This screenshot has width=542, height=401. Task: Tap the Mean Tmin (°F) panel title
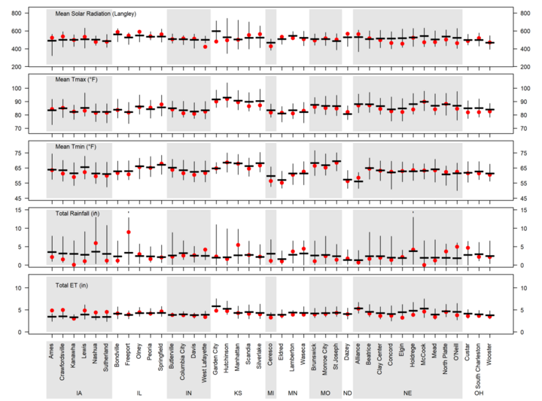(x=78, y=148)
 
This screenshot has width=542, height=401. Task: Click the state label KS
(x=238, y=393)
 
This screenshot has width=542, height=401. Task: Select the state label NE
(x=406, y=393)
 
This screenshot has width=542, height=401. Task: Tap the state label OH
(x=479, y=393)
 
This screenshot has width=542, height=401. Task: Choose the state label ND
(x=347, y=393)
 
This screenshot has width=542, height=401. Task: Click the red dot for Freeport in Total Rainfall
(x=129, y=232)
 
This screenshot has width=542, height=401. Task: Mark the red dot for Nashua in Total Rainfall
(x=96, y=244)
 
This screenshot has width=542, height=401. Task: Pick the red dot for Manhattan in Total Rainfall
(x=239, y=245)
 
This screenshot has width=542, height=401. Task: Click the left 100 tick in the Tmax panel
(x=33, y=89)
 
